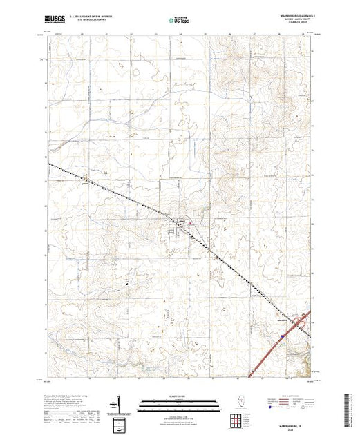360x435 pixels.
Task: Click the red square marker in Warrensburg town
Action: tap(182, 224)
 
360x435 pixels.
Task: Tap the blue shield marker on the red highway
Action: tap(283, 336)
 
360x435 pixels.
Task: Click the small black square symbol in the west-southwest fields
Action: tap(126, 283)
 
